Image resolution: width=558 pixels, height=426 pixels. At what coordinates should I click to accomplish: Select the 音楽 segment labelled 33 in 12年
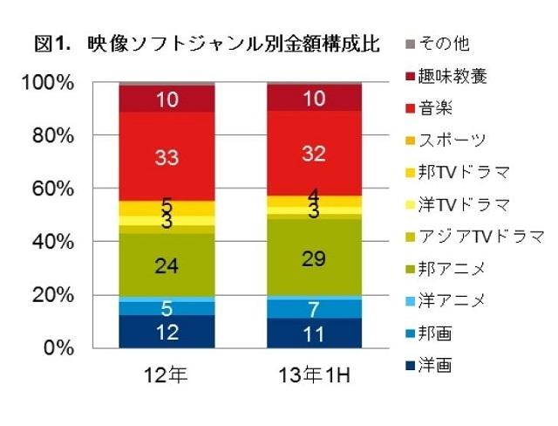167,157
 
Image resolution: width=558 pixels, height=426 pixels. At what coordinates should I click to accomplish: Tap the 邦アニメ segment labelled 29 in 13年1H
315,257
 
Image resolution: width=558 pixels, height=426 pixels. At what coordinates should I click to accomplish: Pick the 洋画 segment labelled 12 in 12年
167,331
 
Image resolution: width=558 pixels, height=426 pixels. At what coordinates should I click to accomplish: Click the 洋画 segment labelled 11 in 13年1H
315,333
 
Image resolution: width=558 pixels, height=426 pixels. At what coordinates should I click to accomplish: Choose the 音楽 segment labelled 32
315,154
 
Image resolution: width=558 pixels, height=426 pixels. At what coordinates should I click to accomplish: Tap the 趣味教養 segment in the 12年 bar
167,100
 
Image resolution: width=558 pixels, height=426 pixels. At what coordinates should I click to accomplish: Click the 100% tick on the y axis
50,83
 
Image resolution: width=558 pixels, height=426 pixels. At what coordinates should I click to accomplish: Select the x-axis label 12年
167,377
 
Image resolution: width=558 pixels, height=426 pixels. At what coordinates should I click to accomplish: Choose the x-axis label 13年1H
315,377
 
